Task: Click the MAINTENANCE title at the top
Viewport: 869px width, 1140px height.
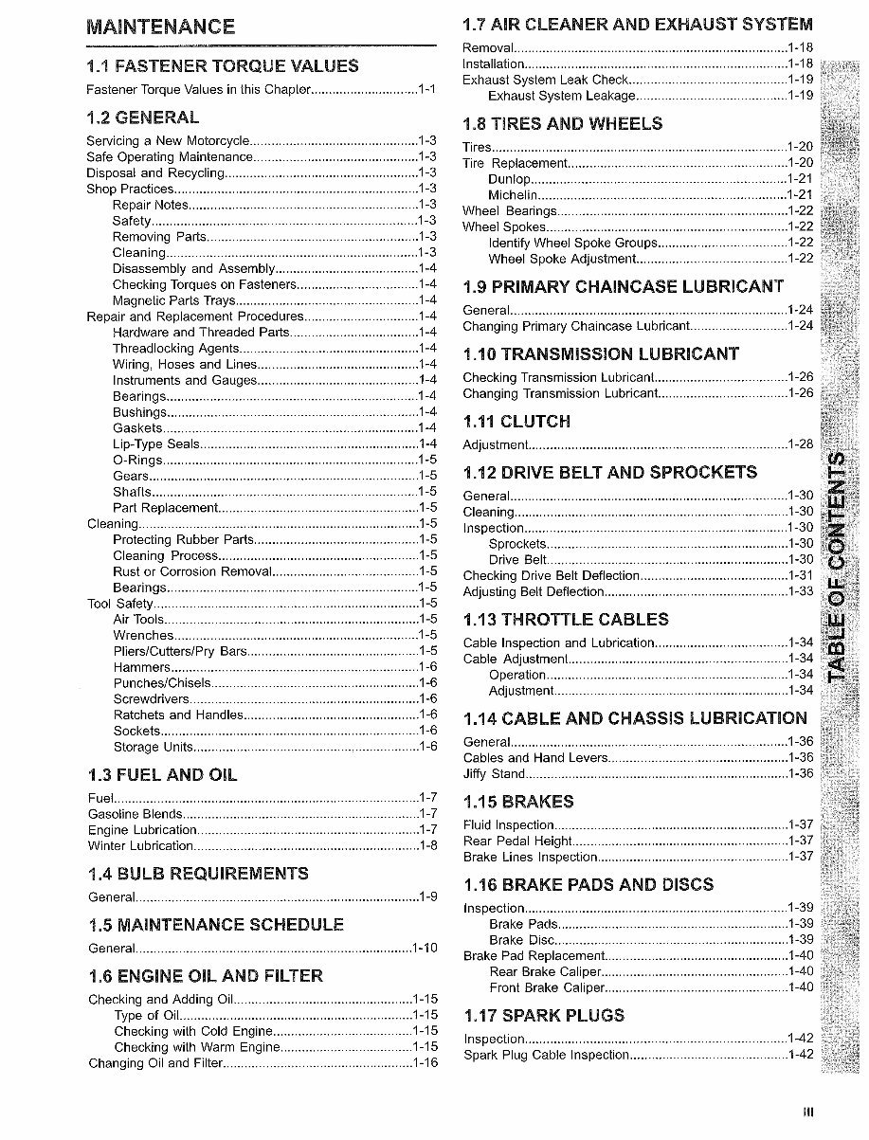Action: (160, 27)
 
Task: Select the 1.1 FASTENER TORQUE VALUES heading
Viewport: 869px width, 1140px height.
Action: (222, 65)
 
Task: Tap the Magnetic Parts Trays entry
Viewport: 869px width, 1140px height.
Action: (172, 300)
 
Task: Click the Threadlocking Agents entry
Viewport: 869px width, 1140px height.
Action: (179, 348)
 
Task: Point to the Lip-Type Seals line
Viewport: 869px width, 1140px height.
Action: (156, 443)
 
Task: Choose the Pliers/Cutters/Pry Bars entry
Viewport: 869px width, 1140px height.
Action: (180, 651)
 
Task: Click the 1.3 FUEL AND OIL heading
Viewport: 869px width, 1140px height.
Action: (162, 775)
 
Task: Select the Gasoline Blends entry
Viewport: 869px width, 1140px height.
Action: (136, 814)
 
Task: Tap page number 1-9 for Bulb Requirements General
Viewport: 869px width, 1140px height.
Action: (427, 896)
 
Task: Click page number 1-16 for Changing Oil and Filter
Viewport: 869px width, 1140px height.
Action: (425, 1063)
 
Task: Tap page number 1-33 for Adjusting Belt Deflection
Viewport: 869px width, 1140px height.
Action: (801, 591)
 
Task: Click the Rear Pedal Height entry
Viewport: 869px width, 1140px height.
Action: (517, 841)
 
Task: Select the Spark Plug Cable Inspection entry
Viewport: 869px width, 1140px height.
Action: (546, 1055)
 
